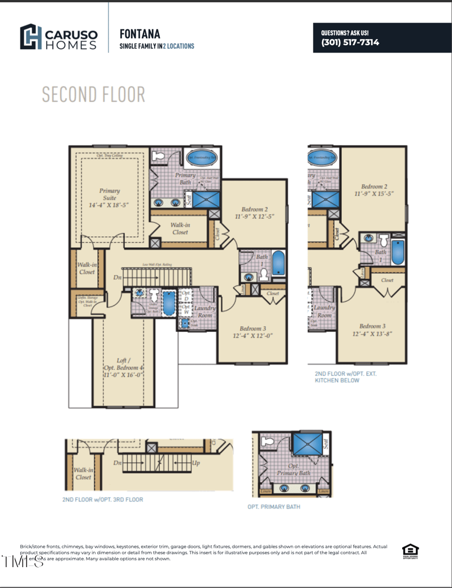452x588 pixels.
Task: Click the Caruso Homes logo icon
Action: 31,37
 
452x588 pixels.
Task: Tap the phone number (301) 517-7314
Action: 350,42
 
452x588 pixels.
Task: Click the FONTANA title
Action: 140,34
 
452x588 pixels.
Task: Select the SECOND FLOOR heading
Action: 93,94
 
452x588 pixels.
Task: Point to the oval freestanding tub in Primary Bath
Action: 201,158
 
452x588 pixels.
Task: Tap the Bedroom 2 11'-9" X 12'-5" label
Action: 254,213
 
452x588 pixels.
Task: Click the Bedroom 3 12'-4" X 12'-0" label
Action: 253,332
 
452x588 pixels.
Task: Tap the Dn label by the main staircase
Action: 118,278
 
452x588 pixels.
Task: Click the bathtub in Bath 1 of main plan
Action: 279,263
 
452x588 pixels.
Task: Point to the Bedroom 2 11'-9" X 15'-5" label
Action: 373,190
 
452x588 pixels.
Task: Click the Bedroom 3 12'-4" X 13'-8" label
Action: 372,330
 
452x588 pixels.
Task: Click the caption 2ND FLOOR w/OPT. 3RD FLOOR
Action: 103,500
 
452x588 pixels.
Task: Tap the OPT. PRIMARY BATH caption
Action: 274,507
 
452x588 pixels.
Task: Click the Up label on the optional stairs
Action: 196,462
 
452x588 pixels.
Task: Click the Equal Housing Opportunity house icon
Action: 410,550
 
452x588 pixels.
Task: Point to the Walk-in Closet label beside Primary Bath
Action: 180,228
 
